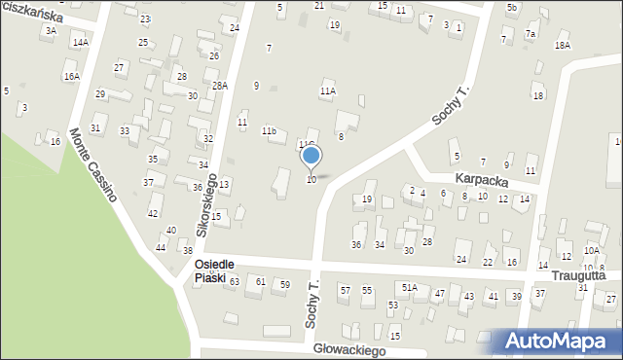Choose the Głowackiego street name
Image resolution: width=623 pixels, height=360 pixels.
pyautogui.click(x=350, y=349)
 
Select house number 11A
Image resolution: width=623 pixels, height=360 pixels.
pyautogui.click(x=328, y=90)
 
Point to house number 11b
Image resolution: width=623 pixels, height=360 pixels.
pyautogui.click(x=269, y=130)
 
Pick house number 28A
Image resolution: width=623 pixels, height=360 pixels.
pyautogui.click(x=220, y=86)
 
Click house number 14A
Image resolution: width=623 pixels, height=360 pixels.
pyautogui.click(x=80, y=43)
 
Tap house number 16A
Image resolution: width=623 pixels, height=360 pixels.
pyautogui.click(x=71, y=76)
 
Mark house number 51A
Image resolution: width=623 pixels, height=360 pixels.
pyautogui.click(x=409, y=288)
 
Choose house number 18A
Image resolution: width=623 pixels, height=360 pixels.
pyautogui.click(x=562, y=46)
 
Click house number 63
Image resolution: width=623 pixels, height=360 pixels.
pyautogui.click(x=234, y=281)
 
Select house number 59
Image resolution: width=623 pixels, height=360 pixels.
pyautogui.click(x=284, y=284)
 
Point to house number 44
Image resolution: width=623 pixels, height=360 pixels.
pyautogui.click(x=160, y=248)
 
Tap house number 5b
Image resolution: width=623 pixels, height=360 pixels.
pyautogui.click(x=511, y=8)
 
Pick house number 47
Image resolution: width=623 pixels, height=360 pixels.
pyautogui.click(x=440, y=293)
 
